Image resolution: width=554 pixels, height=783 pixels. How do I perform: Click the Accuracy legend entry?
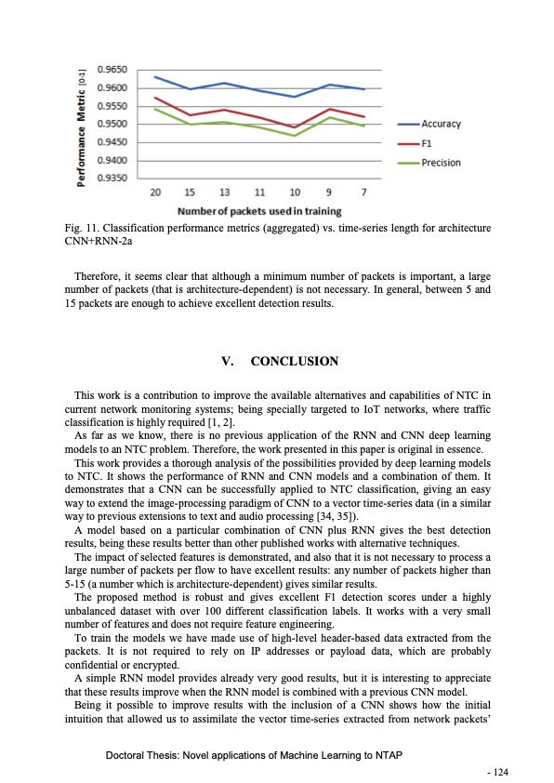point(441,124)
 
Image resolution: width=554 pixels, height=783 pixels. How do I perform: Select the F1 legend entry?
point(428,143)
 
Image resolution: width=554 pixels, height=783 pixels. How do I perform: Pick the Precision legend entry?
point(441,163)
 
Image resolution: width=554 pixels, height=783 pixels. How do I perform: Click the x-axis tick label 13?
point(224,192)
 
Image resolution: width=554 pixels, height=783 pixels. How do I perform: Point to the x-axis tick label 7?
point(363,192)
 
